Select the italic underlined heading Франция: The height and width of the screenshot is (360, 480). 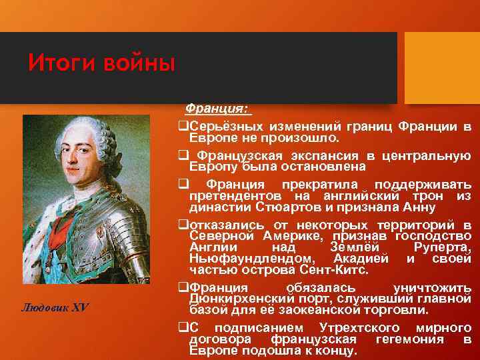click(x=217, y=108)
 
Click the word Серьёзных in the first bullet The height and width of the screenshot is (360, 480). click(x=224, y=127)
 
